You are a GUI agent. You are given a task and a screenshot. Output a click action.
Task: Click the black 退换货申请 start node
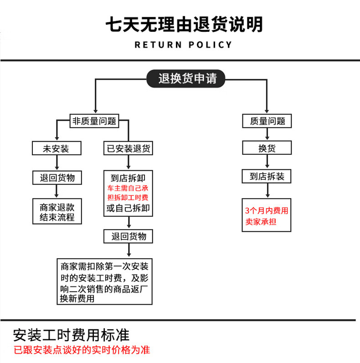pos(187,78)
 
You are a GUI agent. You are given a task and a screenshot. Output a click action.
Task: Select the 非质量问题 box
pos(94,121)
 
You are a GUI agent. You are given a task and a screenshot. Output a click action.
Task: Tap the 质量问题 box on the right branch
pos(267,121)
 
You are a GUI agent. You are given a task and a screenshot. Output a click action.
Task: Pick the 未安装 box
pos(57,148)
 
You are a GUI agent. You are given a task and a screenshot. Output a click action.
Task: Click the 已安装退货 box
pos(129,148)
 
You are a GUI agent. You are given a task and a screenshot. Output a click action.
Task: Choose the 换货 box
pos(267,148)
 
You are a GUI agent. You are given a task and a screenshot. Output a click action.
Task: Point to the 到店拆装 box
pos(267,176)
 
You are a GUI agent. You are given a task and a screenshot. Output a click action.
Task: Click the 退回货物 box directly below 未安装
pos(57,178)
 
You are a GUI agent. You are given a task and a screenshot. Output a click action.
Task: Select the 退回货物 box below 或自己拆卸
pos(129,236)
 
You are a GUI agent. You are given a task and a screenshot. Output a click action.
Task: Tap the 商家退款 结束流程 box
pos(57,211)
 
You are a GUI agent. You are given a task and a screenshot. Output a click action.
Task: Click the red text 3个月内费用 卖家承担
pos(267,216)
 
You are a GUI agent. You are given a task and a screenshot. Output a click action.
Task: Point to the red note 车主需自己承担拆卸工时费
pos(128,193)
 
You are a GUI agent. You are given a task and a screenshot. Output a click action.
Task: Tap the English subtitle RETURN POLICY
pos(184,45)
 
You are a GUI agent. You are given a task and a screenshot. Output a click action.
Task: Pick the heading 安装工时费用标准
pos(72,335)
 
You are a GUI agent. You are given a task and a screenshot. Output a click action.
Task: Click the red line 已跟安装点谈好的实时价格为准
pos(82,350)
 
